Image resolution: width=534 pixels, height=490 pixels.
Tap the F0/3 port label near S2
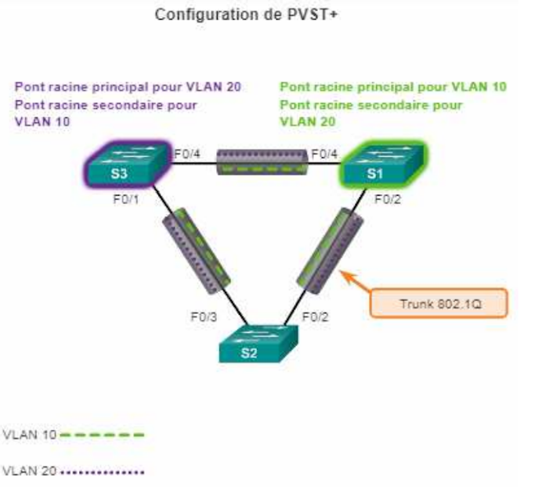pyautogui.click(x=204, y=319)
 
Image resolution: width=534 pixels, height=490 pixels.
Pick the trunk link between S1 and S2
pyautogui.click(x=324, y=247)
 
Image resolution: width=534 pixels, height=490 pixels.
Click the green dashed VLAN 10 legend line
pyautogui.click(x=102, y=435)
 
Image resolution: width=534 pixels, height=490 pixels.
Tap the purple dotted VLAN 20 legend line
pyautogui.click(x=102, y=472)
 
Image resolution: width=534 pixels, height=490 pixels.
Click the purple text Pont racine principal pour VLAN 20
pyautogui.click(x=127, y=88)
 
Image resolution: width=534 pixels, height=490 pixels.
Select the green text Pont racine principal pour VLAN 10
pyautogui.click(x=393, y=88)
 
